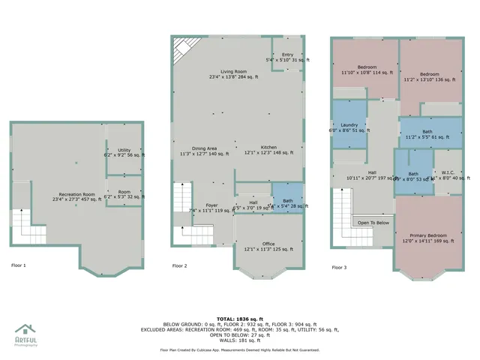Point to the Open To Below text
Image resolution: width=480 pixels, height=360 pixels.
tap(373, 223)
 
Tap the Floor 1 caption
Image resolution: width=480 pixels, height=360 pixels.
tap(18, 265)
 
